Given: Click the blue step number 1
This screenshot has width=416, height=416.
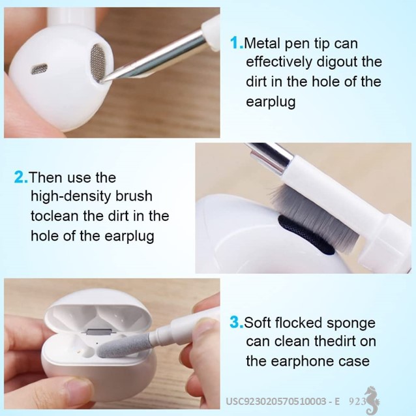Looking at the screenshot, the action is pos(237,43).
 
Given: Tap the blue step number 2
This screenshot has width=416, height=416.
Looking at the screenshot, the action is pos(21,177).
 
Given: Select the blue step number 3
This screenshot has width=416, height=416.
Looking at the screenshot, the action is pos(237,322).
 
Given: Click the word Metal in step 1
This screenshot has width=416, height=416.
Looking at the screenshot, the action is pos(261,43).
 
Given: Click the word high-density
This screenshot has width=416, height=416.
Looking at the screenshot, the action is pos(70,197).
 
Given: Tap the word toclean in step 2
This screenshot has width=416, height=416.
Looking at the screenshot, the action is pos(55,216).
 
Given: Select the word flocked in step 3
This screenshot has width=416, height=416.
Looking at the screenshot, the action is pos(299,322).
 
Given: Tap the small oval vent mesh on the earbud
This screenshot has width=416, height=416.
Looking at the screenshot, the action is pos(40,68).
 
